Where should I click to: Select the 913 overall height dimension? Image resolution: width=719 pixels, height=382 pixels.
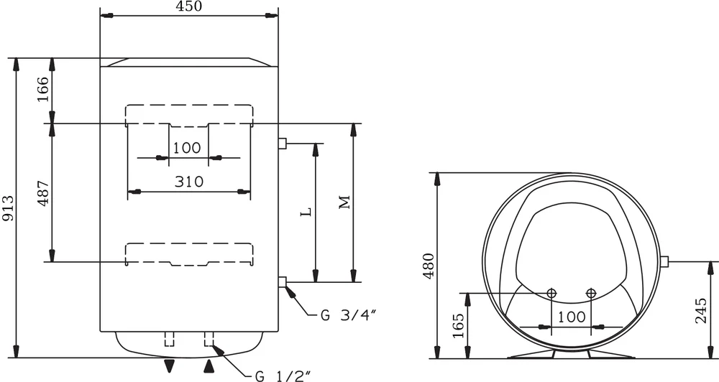(x=8, y=208)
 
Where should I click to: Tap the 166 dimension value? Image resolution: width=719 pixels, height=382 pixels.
(x=43, y=90)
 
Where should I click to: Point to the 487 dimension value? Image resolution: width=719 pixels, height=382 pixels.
(x=43, y=192)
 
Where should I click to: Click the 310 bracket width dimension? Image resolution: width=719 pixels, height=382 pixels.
(x=188, y=182)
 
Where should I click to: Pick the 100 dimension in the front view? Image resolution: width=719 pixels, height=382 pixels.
(x=187, y=148)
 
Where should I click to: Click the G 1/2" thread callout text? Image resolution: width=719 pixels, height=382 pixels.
(x=281, y=376)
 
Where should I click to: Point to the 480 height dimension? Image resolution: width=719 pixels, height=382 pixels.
(x=429, y=266)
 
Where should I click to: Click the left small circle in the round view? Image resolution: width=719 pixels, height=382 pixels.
(x=551, y=293)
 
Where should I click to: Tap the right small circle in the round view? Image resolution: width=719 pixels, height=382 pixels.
(x=591, y=293)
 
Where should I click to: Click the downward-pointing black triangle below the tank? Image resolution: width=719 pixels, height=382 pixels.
(x=169, y=366)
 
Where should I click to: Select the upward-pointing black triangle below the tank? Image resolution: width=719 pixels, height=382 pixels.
(x=209, y=366)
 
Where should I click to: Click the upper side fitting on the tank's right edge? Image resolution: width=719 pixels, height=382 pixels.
(x=283, y=144)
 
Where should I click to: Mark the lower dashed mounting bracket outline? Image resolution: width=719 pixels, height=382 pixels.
(x=189, y=253)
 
